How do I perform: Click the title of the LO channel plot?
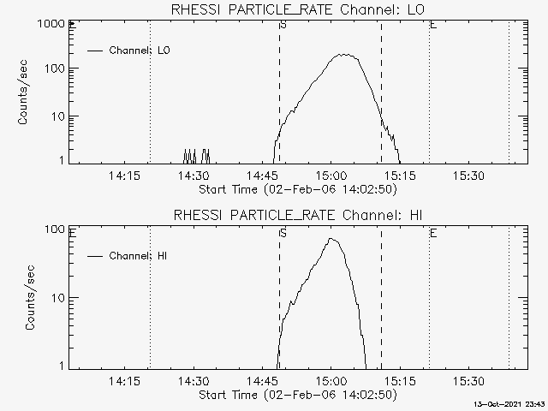tap(298, 9)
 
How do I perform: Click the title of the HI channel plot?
tap(298, 215)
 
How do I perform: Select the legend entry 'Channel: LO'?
tap(128, 51)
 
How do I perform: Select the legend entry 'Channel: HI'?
tap(128, 256)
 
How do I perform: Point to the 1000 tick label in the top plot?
tap(51, 24)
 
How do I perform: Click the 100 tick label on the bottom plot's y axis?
tap(55, 229)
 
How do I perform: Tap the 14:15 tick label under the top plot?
tap(124, 175)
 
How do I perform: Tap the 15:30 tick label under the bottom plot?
tap(469, 380)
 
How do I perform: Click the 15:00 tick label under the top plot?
tap(331, 175)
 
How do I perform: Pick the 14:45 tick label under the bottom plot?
tap(262, 380)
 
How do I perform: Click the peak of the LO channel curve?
tap(344, 55)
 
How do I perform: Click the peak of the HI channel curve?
tap(331, 239)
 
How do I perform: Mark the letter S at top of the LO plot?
tap(283, 25)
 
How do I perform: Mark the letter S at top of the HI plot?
tap(283, 233)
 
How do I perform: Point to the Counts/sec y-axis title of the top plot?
tap(22, 92)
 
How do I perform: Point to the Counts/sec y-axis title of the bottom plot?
tap(30, 297)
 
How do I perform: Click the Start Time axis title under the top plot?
tap(298, 189)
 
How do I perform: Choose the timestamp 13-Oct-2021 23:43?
tap(510, 404)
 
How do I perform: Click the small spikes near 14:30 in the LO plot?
tap(196, 156)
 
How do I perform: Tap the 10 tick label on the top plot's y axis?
tap(58, 116)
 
